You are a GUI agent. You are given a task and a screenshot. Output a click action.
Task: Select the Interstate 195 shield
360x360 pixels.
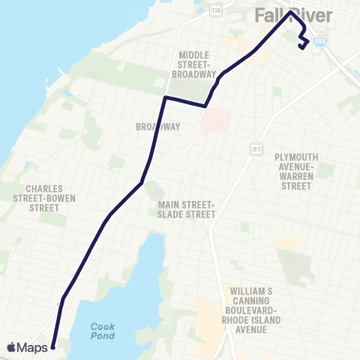321,43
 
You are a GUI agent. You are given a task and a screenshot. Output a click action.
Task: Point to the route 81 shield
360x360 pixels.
250,150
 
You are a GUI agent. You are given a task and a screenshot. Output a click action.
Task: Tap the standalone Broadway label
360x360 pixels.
157,127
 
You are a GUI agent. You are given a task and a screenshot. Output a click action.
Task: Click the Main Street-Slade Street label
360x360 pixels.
187,209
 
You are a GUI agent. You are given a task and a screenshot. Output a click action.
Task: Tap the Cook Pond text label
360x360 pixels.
103,331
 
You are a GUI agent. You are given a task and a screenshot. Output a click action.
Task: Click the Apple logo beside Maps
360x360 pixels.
11,347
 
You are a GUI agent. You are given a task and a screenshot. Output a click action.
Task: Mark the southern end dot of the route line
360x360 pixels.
53,347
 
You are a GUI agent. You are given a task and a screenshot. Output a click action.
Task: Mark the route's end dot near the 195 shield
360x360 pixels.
301,47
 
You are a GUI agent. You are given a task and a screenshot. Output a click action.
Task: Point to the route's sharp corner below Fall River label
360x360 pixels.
289,12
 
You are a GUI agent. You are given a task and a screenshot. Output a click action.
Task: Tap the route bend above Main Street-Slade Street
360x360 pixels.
142,182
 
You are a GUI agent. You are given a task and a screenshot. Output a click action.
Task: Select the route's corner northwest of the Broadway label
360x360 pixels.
165,97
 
